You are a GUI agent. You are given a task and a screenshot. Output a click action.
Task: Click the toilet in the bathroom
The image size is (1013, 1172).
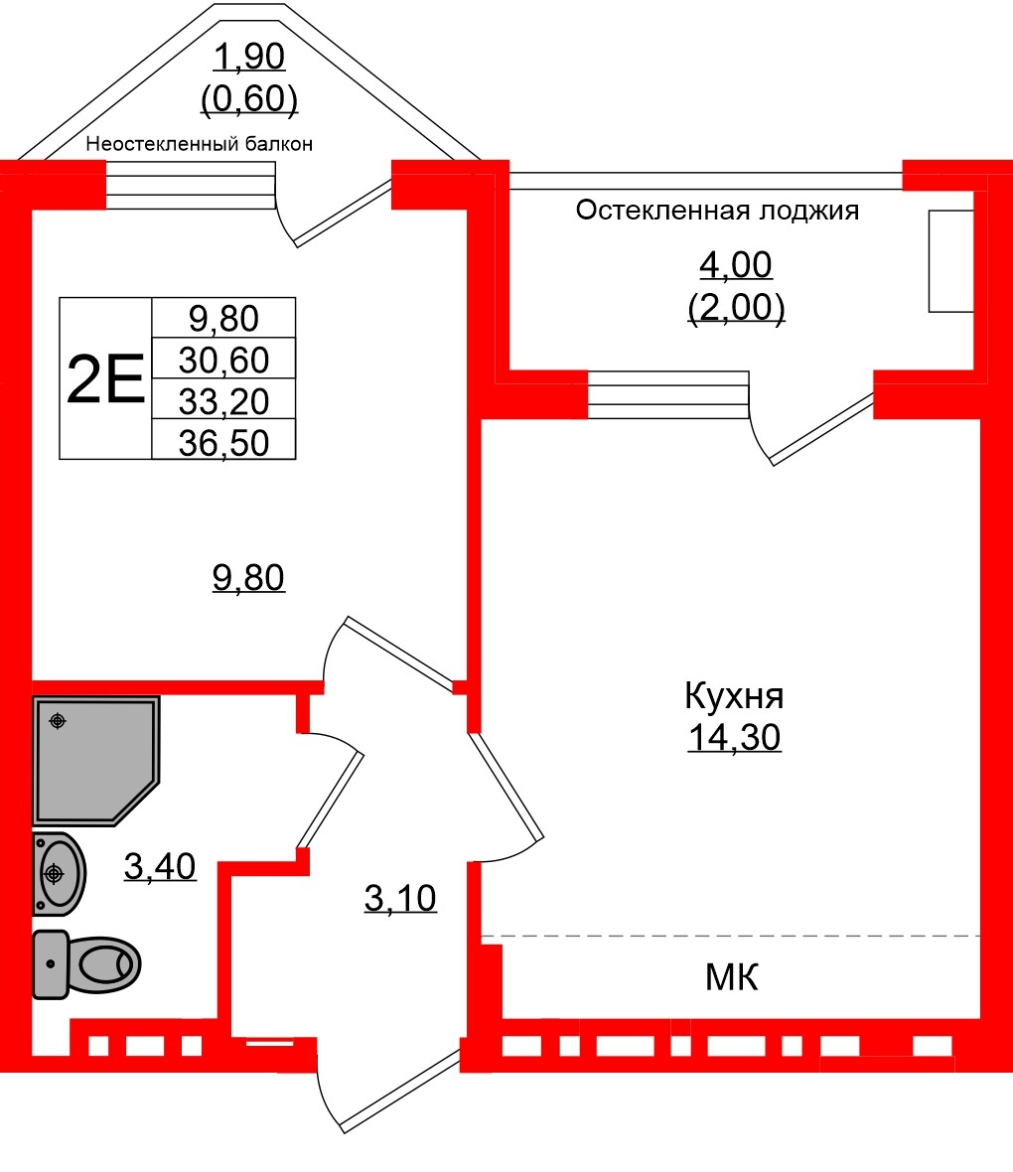pos(86,963)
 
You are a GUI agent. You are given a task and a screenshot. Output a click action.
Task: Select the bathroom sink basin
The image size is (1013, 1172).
pos(59,873)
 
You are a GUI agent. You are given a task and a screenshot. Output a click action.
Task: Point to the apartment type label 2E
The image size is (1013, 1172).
pos(105,379)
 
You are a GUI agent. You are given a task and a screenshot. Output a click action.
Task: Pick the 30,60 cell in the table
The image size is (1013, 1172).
pos(223,359)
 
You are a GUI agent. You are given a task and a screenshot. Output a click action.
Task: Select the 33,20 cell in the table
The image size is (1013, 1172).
pos(223,400)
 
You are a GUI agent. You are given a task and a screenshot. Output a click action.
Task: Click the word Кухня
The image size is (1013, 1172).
pos(734,696)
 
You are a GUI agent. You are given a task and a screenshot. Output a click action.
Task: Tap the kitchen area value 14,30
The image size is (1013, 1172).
pos(734,738)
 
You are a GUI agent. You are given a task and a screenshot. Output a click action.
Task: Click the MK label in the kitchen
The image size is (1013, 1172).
pos(732,978)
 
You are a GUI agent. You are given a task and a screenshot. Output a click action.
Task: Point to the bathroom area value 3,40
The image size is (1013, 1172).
pos(160,867)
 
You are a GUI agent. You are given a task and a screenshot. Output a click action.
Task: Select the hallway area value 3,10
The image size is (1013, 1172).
pos(400,899)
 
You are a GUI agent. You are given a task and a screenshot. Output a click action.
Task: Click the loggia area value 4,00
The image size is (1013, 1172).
pos(736,265)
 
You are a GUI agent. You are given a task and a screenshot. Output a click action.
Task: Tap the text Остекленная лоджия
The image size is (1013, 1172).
pos(717,211)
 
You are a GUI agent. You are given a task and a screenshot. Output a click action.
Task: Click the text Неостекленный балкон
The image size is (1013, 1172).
pos(200,144)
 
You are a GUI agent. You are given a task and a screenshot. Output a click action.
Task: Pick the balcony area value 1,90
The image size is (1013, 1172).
pos(250,58)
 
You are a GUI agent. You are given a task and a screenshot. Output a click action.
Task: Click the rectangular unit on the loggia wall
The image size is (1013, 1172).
pos(950,261)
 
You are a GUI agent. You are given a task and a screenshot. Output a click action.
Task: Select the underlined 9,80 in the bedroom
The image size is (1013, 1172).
pos(248,577)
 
